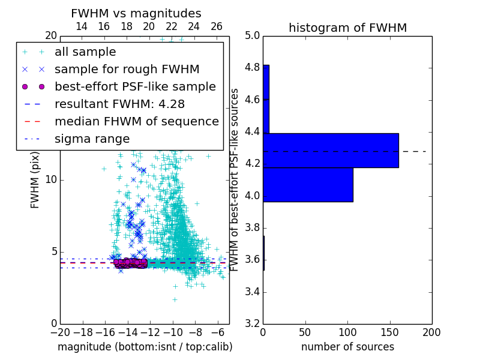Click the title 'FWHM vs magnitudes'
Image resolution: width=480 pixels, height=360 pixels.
pos(136,13)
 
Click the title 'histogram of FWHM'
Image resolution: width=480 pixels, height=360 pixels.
pos(347,28)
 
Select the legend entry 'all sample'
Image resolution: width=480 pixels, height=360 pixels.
pos(85,52)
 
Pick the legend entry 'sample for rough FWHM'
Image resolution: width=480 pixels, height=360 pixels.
pos(127,70)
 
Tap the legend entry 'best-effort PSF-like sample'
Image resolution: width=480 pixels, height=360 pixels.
pos(135,87)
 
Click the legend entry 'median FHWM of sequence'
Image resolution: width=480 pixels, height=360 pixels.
pos(136,122)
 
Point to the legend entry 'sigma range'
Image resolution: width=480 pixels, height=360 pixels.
pos(92,139)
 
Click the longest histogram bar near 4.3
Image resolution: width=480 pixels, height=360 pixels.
pos(331,150)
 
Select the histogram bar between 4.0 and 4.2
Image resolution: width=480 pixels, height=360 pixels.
pos(308,184)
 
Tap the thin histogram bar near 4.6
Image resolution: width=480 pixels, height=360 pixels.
pos(266,99)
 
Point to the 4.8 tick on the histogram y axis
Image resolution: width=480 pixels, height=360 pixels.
pos(253,68)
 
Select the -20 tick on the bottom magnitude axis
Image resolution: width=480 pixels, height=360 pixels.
pos(60,332)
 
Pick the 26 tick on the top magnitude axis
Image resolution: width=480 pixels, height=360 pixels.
pos(217,26)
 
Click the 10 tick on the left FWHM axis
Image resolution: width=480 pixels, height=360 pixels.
pos(51,179)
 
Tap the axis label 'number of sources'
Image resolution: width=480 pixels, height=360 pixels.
pos(347,347)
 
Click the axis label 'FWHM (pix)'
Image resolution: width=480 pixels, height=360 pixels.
pos(35,179)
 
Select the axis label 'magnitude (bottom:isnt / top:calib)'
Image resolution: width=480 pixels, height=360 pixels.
pos(145,347)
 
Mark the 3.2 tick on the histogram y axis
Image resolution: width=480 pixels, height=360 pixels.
pos(253,324)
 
